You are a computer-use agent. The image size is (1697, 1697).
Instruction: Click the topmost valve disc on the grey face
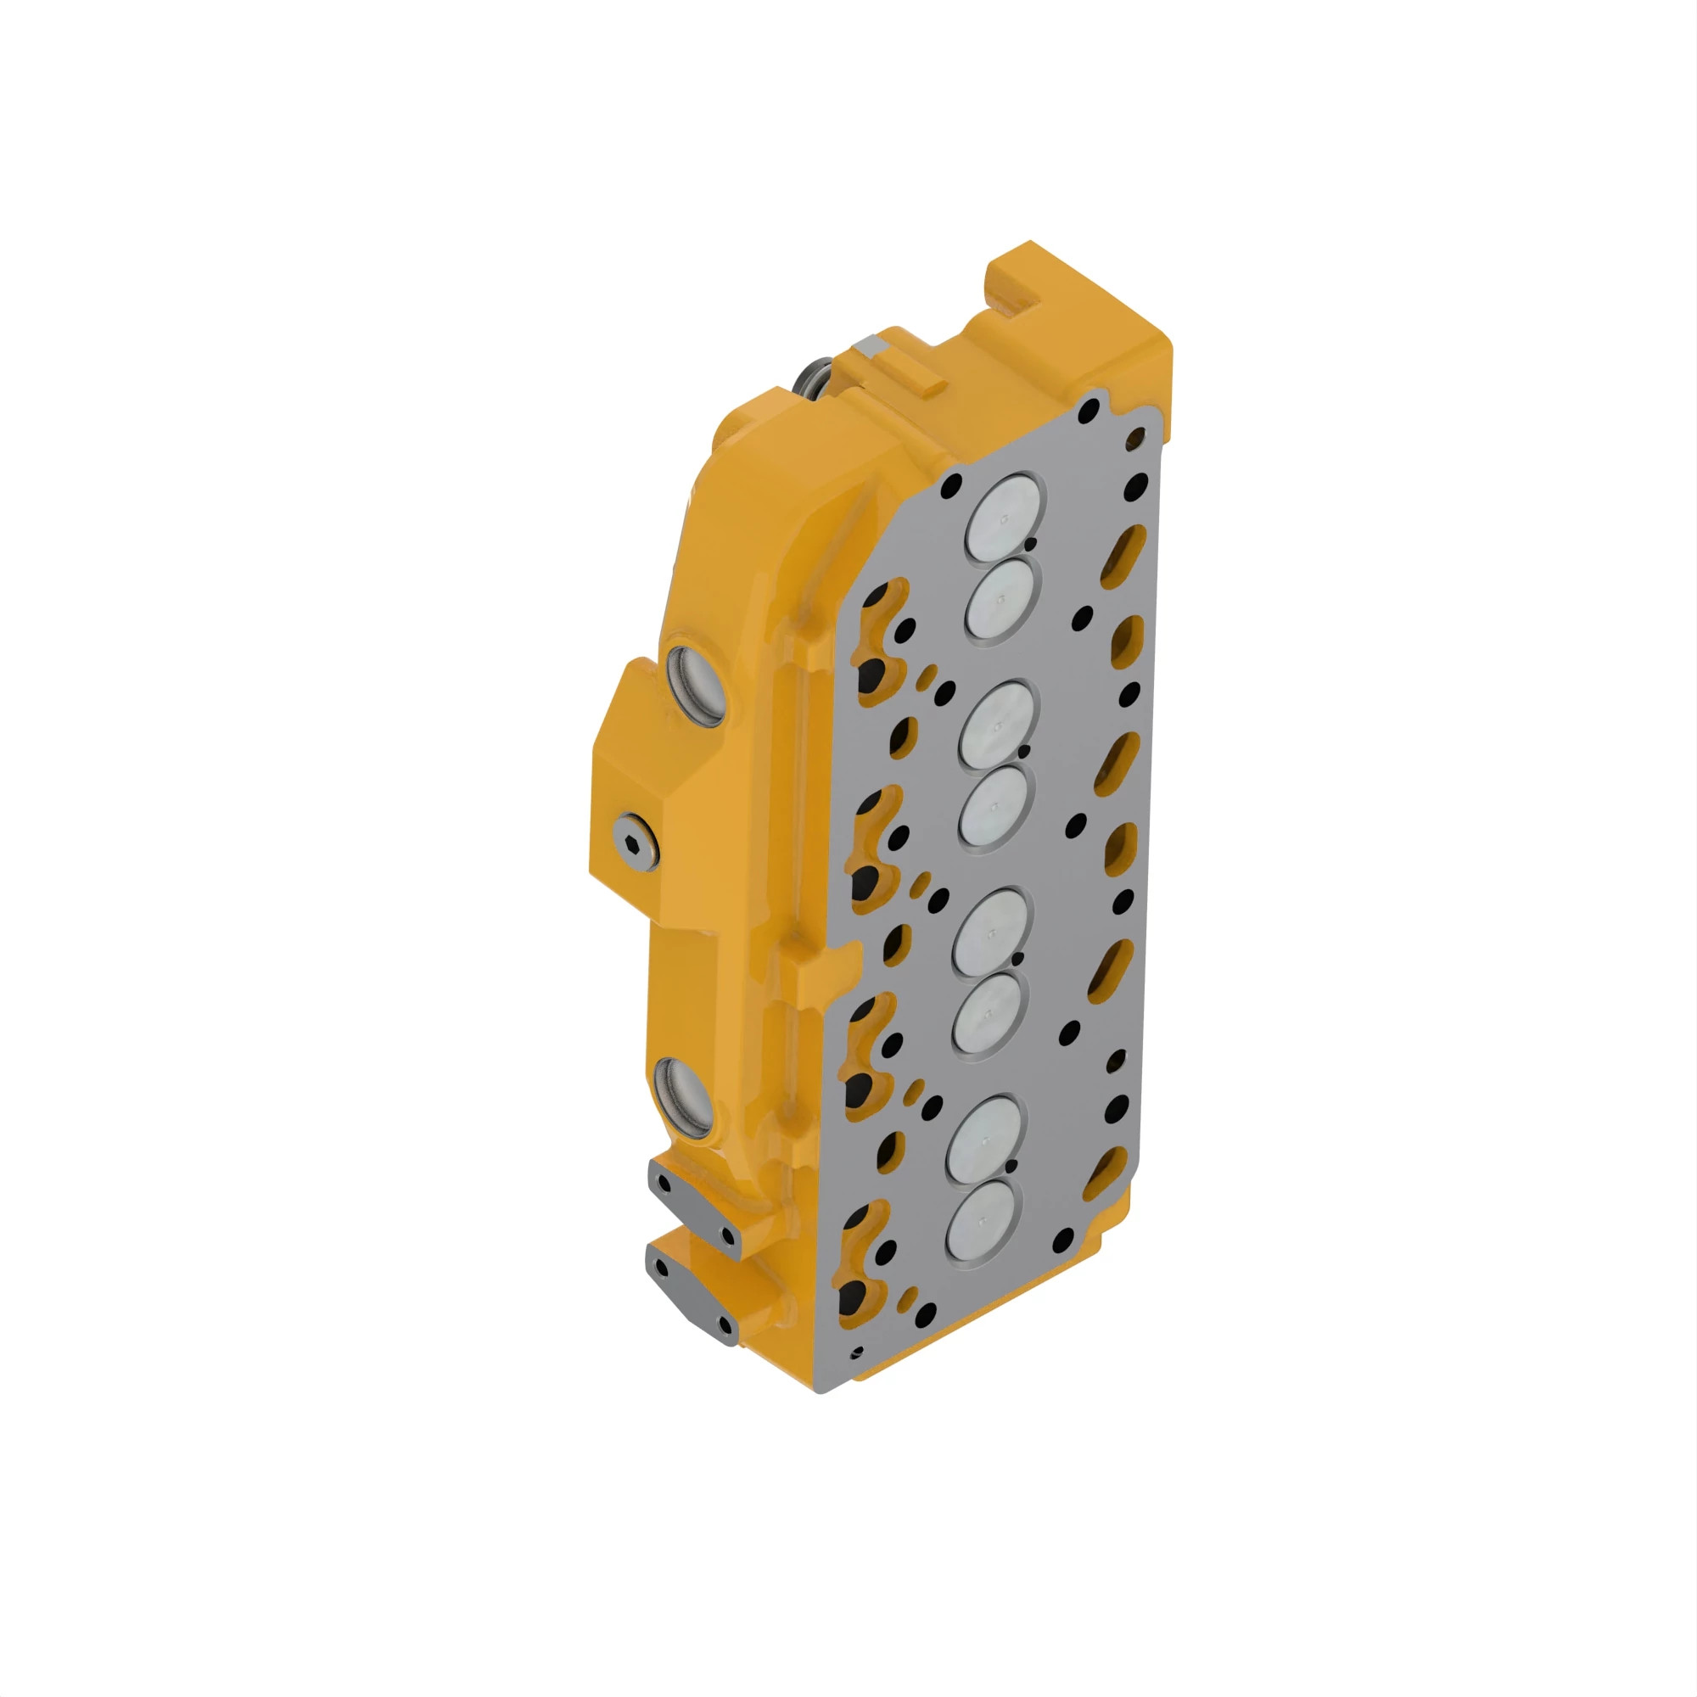click(1005, 518)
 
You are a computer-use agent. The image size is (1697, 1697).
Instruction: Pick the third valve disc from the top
click(996, 725)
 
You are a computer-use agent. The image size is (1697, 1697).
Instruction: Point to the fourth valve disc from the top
click(994, 806)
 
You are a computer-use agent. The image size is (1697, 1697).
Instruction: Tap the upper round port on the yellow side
click(697, 686)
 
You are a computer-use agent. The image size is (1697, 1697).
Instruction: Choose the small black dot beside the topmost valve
click(1030, 546)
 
